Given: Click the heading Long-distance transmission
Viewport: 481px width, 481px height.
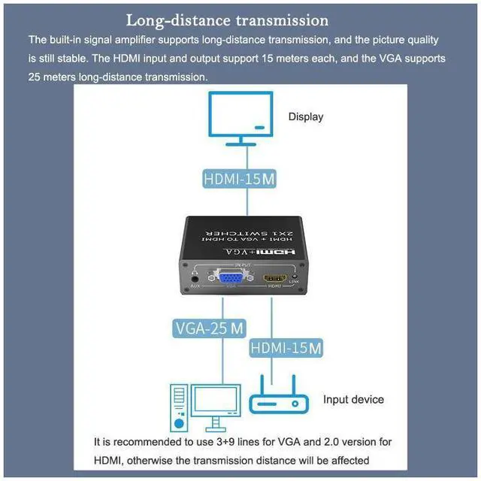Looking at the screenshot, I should pos(227,20).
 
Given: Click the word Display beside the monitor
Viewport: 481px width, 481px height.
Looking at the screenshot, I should pos(306,116).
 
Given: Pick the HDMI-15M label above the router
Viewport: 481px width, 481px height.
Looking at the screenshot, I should pos(285,348).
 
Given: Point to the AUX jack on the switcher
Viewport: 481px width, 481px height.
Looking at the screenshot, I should pos(195,277).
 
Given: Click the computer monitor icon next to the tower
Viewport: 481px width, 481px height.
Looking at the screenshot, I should pos(216,407).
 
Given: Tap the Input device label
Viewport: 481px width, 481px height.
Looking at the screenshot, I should pos(353,400).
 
